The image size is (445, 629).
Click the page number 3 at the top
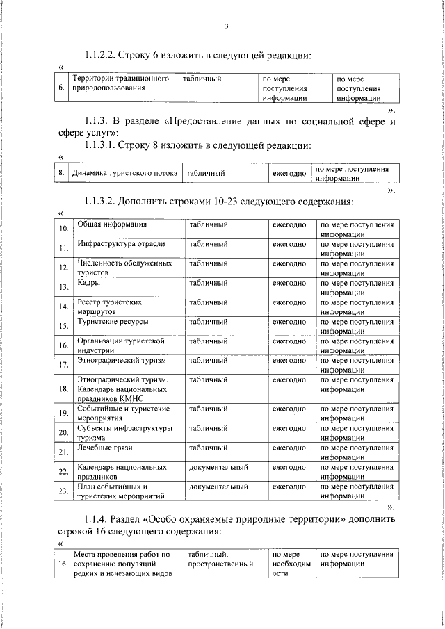[x=227, y=27]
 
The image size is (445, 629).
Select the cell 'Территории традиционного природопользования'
[x=122, y=84]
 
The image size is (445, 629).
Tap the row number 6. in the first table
[x=62, y=88]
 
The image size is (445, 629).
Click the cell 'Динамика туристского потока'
[x=125, y=173]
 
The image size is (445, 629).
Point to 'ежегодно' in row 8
[x=289, y=173]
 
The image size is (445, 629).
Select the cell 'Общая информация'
[x=111, y=224]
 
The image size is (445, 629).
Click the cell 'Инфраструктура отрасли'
[x=121, y=244]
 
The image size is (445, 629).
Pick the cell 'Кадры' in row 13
[x=88, y=283]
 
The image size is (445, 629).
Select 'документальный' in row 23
[x=218, y=487]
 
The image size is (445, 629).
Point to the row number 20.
[x=63, y=433]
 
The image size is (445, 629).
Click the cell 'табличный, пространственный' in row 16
[x=219, y=559]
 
